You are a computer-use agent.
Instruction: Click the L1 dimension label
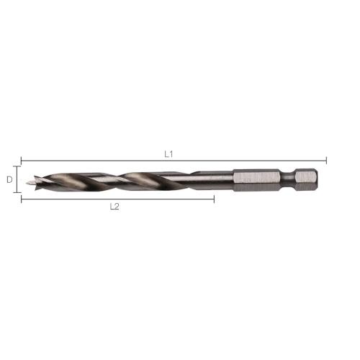pyautogui.click(x=170, y=153)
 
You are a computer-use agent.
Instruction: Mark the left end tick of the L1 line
pyautogui.click(x=22, y=161)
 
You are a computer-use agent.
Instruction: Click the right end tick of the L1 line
pyautogui.click(x=327, y=161)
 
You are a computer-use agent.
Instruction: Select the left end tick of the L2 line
pyautogui.click(x=22, y=199)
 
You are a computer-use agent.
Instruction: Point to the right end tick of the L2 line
pyautogui.click(x=214, y=199)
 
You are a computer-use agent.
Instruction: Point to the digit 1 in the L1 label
pyautogui.click(x=173, y=153)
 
